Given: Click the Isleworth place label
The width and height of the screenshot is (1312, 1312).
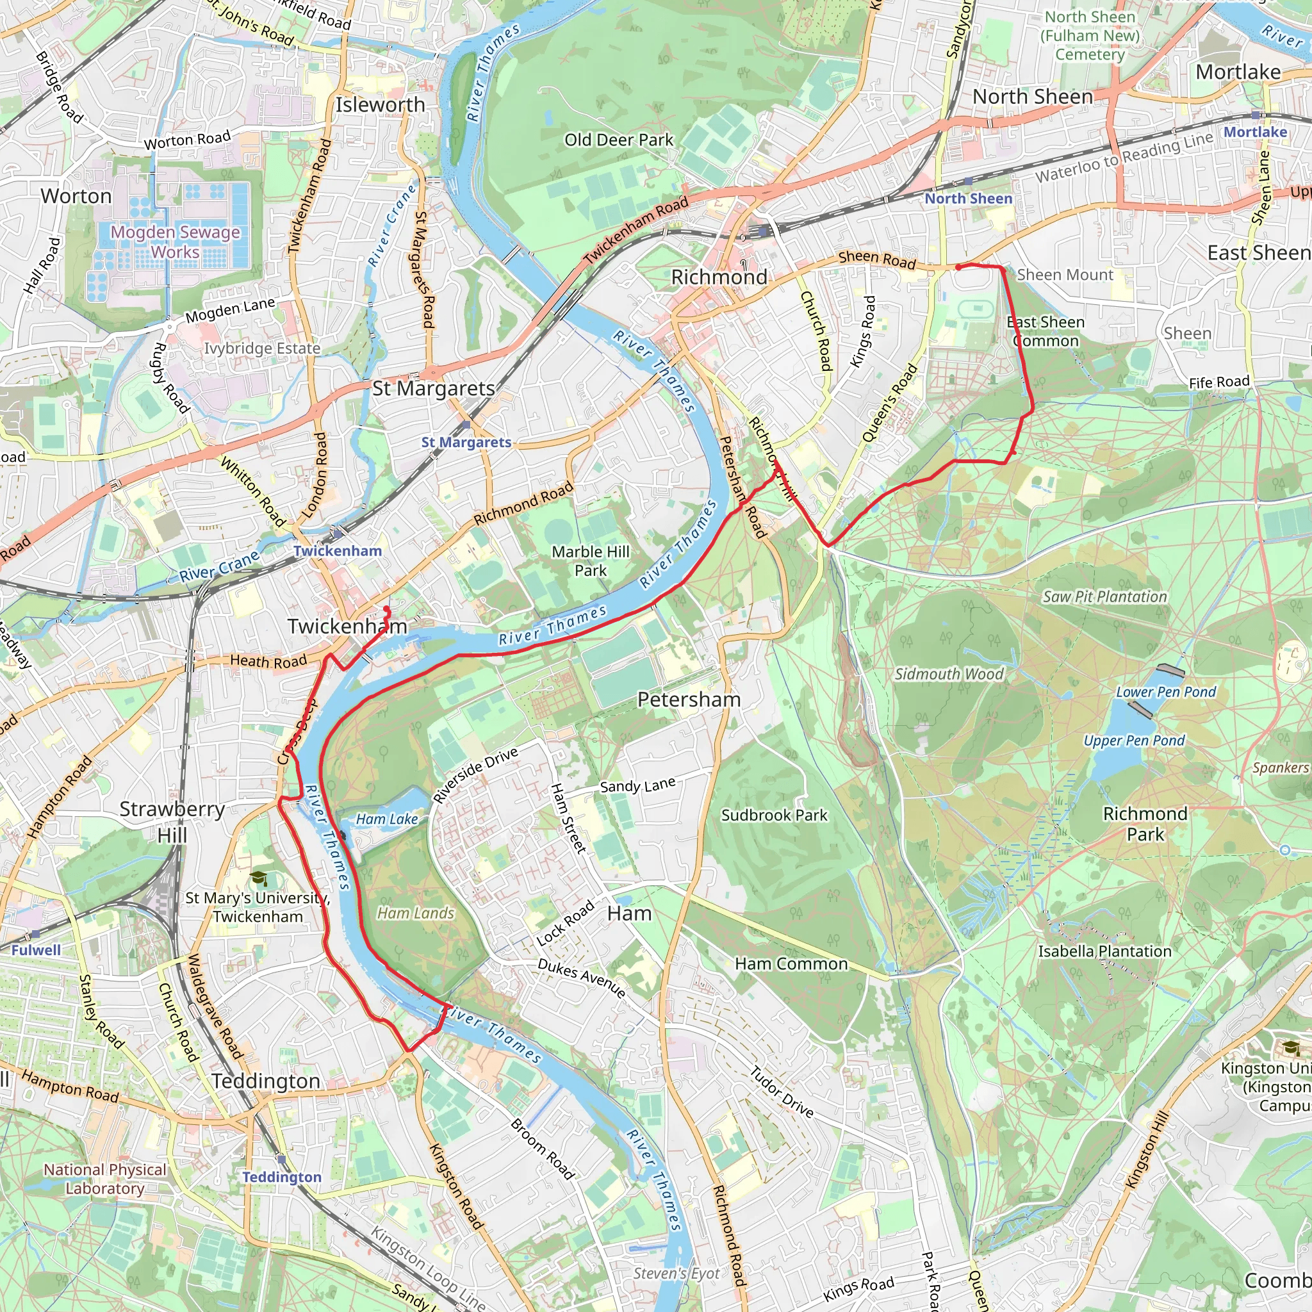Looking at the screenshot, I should click(381, 105).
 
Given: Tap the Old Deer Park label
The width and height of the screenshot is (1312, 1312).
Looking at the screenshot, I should click(619, 140).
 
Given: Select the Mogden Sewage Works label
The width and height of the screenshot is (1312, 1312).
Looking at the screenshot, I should click(175, 242).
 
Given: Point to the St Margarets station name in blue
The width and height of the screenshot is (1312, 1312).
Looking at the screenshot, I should click(466, 442).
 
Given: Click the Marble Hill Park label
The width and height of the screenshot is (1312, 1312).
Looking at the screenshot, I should click(590, 561).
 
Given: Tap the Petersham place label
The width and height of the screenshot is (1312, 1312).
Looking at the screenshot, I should click(689, 700).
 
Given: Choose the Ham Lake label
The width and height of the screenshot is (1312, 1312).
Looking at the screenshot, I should click(387, 819).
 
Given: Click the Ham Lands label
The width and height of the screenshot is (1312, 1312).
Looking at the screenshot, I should click(416, 914).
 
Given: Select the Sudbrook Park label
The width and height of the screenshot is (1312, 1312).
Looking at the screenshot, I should click(774, 816).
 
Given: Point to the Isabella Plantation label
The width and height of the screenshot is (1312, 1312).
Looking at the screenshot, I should click(1105, 951).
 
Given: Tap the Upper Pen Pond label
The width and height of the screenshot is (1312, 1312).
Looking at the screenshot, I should click(1134, 741).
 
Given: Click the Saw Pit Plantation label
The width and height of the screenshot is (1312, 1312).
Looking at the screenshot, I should click(1105, 597).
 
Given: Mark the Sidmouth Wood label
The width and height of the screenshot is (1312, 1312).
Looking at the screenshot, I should click(949, 675).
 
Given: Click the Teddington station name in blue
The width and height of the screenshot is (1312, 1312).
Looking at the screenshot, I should click(282, 1177).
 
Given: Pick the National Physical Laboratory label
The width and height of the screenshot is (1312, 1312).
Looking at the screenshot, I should click(104, 1179).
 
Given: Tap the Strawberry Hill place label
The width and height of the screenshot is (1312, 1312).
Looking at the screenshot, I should click(172, 822).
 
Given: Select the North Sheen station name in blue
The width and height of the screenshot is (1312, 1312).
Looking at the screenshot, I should click(968, 199).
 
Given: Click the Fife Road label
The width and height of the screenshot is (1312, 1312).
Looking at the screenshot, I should click(1219, 382).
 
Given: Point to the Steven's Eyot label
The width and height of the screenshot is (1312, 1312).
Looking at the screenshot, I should click(676, 1274).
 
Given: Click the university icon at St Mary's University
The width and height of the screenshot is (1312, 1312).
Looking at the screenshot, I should click(259, 879).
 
